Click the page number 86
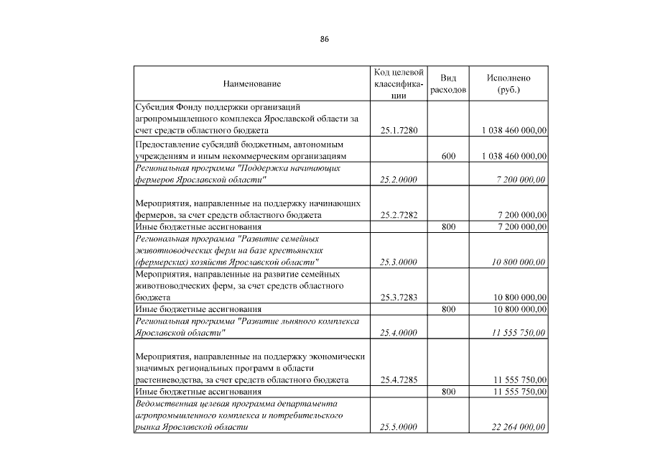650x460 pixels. point(325,39)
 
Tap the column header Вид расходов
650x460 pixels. point(448,84)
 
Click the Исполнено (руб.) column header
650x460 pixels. point(509,84)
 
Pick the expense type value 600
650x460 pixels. point(448,155)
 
